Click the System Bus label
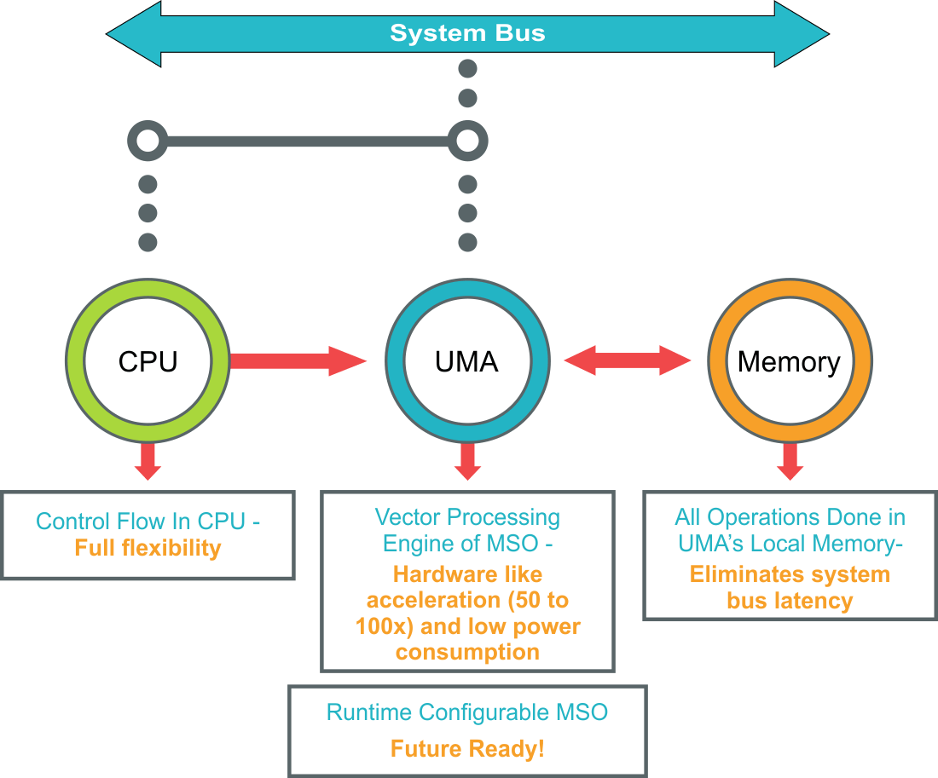[467, 34]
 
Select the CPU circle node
[148, 361]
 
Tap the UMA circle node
[467, 361]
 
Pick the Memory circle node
[789, 361]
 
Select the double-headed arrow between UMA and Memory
[628, 360]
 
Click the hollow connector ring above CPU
[148, 141]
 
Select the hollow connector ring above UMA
[467, 141]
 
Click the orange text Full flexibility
[148, 548]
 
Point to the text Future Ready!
[467, 749]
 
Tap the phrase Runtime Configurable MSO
[467, 712]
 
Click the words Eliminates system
[789, 574]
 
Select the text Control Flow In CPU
[142, 522]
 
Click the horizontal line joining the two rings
[307, 141]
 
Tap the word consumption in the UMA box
[467, 653]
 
